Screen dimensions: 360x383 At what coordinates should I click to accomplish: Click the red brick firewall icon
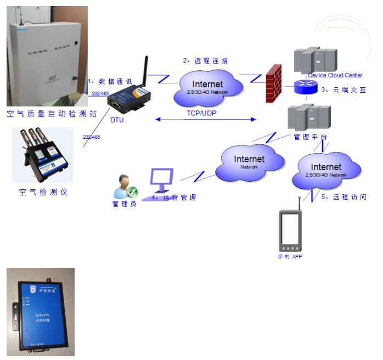(273, 83)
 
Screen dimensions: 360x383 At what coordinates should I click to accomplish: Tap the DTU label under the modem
(117, 119)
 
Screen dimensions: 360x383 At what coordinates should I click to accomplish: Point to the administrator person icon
(124, 186)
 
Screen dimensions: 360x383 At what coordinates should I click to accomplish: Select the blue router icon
(303, 86)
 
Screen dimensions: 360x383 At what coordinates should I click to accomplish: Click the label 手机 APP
(290, 256)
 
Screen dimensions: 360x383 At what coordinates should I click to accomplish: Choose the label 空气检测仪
(43, 193)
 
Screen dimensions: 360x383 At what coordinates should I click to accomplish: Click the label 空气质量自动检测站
(52, 114)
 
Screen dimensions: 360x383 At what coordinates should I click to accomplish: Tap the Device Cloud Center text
(335, 75)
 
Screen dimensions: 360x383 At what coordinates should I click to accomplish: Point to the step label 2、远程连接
(205, 60)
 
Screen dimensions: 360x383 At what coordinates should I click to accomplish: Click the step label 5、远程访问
(343, 197)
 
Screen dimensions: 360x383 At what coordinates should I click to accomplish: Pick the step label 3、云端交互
(343, 90)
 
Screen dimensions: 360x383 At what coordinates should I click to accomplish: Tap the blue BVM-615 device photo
(41, 311)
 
